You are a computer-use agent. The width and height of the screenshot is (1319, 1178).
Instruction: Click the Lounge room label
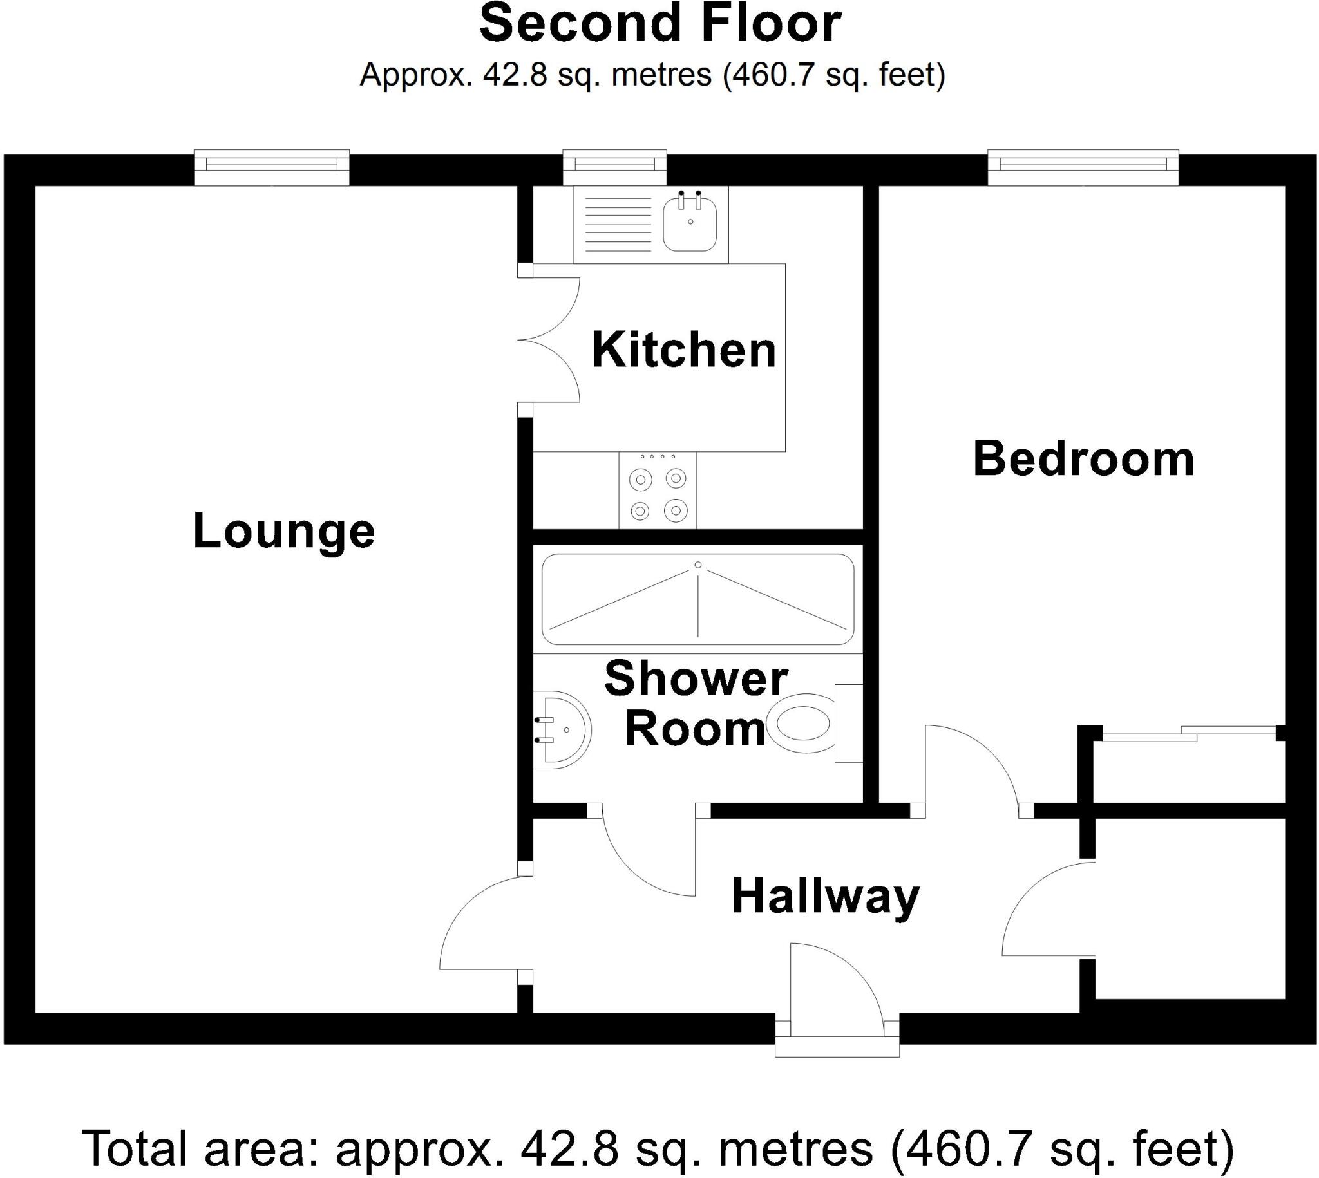(283, 532)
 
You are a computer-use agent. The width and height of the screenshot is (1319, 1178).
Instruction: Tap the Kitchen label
(683, 350)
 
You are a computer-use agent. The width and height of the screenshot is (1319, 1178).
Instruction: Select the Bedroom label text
(1083, 459)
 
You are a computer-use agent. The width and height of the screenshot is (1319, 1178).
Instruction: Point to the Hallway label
(826, 897)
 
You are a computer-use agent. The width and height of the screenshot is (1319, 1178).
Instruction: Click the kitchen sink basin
(690, 225)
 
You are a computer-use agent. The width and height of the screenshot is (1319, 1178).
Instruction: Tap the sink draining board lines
(617, 225)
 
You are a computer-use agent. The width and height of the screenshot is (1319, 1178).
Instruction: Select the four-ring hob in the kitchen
(657, 490)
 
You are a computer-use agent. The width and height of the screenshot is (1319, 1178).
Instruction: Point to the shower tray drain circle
(698, 565)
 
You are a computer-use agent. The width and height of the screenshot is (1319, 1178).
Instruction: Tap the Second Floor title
(660, 24)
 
